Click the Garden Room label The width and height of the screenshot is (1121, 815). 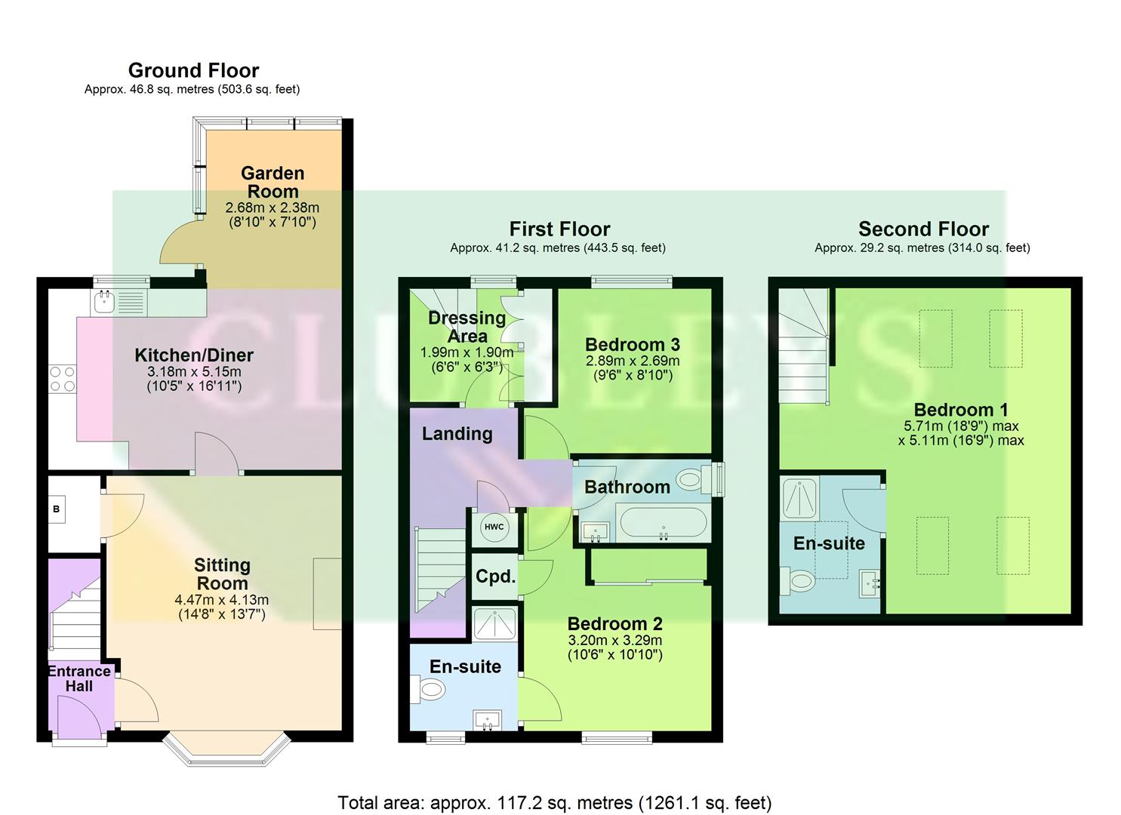click(273, 183)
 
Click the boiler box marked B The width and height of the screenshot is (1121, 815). click(57, 509)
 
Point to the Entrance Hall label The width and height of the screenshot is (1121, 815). click(79, 678)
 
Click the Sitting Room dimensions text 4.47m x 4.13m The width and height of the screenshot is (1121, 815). click(222, 600)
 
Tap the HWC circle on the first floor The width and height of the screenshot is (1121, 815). click(494, 527)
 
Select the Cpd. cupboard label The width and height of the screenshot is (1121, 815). click(495, 577)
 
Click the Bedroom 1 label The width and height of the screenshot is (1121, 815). click(960, 410)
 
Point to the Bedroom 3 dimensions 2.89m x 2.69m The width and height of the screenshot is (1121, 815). click(633, 361)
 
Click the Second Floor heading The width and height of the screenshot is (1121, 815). click(923, 229)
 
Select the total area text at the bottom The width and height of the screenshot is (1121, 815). click(554, 802)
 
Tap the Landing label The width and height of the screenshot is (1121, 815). click(457, 433)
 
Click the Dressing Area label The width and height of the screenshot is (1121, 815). click(467, 327)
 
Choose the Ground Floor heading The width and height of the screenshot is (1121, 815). click(193, 70)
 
